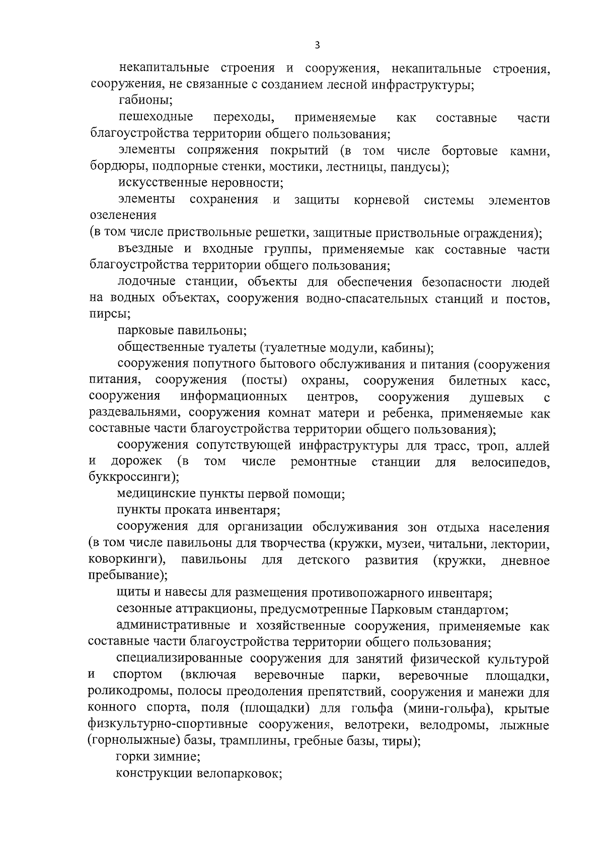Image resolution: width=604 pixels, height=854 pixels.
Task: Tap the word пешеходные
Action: click(x=156, y=118)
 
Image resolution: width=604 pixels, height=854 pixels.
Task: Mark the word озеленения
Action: click(x=123, y=216)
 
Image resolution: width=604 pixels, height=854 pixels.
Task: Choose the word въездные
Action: click(x=144, y=249)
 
